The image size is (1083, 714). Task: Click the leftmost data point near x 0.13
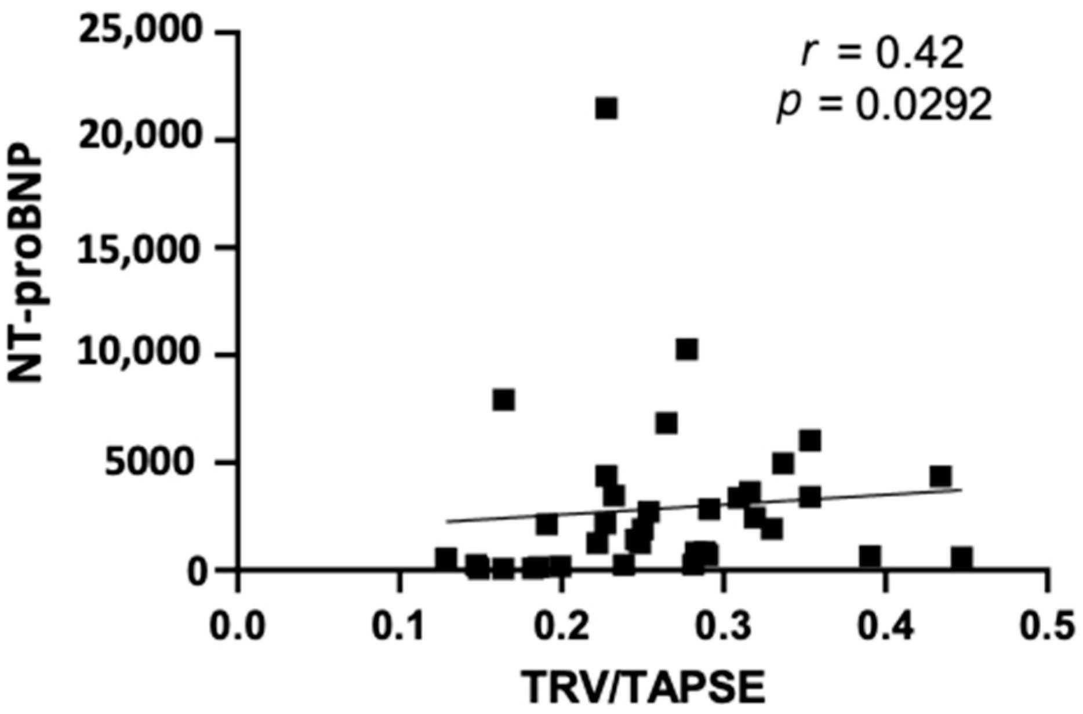[x=446, y=559]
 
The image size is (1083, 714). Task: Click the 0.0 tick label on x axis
[x=237, y=629]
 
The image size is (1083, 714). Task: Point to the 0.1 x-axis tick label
[x=399, y=629]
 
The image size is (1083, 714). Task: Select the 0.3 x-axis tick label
[x=723, y=629]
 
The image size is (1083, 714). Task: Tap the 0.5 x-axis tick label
[x=1046, y=629]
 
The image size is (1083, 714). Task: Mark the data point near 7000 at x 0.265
[x=667, y=423]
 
